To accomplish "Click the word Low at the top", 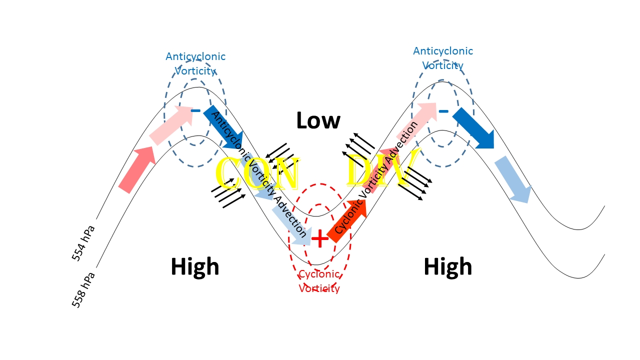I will [x=318, y=120].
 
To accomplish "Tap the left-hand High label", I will [x=195, y=266].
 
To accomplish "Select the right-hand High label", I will [x=447, y=266].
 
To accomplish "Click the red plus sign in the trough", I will [x=320, y=238].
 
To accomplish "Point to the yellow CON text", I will [x=256, y=173].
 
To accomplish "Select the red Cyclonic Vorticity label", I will [x=319, y=281].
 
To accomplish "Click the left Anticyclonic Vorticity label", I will [x=195, y=63].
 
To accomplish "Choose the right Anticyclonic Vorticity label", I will [x=443, y=58].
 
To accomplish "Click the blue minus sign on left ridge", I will [x=195, y=110].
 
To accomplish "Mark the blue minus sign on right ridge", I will [x=443, y=111].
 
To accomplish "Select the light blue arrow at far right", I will [x=513, y=179].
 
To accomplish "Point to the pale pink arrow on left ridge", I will [x=172, y=125].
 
